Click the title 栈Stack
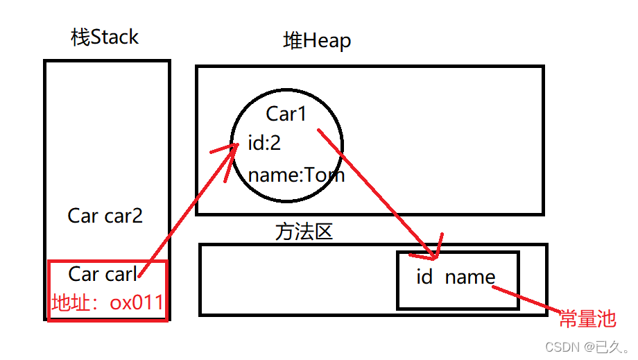[x=105, y=37]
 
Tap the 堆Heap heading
[x=317, y=41]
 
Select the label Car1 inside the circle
[x=286, y=113]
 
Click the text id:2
[x=264, y=144]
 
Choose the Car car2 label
[x=105, y=216]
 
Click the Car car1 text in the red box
[x=103, y=274]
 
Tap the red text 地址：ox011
[x=107, y=302]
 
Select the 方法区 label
[x=304, y=231]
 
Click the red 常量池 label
[x=587, y=318]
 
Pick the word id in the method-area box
[x=424, y=277]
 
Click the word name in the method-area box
[x=470, y=277]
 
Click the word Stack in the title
[x=116, y=37]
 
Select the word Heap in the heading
[x=327, y=41]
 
